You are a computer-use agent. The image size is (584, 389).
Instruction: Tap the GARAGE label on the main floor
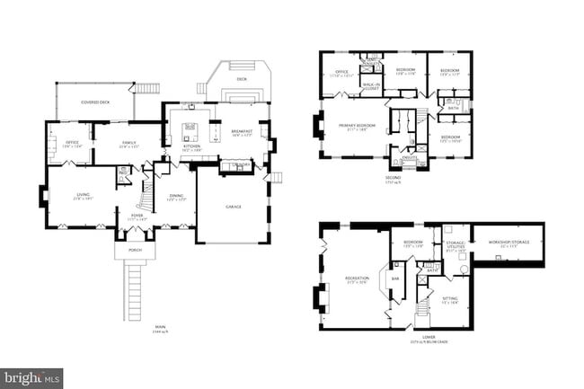[x=232, y=206]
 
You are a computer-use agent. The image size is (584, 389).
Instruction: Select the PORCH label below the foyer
[x=134, y=250]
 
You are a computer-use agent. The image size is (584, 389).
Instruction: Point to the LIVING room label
[x=83, y=195]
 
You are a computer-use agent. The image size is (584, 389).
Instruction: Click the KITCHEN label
[x=192, y=146]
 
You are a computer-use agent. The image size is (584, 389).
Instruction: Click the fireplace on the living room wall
[x=43, y=196]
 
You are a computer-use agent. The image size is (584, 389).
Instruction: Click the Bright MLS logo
[x=32, y=378]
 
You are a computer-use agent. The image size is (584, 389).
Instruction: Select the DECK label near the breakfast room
[x=241, y=79]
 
